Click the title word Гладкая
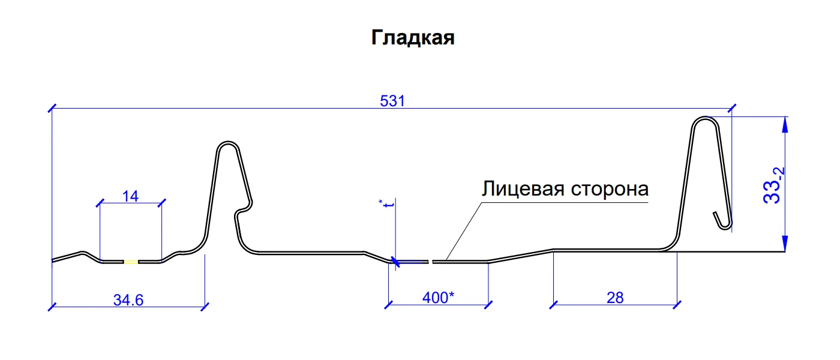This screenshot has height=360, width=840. pos(413,38)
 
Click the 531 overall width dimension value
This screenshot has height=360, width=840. pos(393,101)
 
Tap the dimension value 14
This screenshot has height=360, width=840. pos(130,196)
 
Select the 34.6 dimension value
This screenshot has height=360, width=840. pos(128,299)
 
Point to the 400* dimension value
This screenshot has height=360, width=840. pos(438,297)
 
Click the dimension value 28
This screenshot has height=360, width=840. pos(615,297)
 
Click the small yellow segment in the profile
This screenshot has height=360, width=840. pos(131,262)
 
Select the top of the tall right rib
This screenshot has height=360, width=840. pos(706,119)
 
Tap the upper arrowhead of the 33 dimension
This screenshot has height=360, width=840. pos(784,124)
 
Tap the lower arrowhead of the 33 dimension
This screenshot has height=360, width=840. pos(784,245)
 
